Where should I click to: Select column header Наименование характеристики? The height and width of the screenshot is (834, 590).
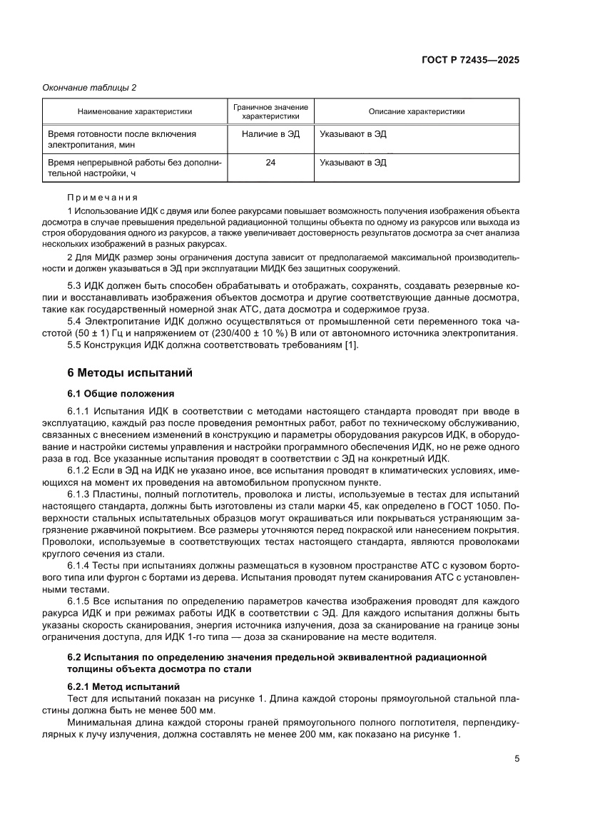point(134,111)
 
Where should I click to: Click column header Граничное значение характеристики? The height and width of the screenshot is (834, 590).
point(270,111)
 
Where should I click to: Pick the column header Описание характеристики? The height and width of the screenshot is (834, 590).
point(416,111)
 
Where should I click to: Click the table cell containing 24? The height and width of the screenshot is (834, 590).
point(270,163)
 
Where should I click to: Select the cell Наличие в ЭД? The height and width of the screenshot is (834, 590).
point(270,133)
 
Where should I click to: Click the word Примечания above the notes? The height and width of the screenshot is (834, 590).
point(102,198)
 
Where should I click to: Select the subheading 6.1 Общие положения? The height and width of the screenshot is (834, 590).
point(120,393)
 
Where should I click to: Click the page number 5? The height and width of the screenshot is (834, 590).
point(517,759)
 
